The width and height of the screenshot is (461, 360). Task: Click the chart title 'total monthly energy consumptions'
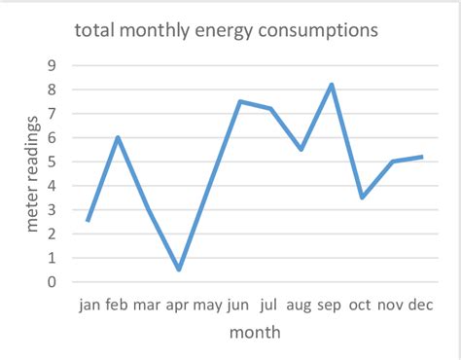(227, 30)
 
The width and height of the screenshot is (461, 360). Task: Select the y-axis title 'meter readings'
(33, 173)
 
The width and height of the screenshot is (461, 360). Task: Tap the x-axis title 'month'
(255, 333)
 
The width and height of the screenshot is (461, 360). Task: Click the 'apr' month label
(178, 305)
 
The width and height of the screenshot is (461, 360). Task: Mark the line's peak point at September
(332, 85)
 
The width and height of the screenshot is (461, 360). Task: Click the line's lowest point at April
(179, 270)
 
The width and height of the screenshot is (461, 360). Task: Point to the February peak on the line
(118, 137)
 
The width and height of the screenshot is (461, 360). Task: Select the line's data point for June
(240, 101)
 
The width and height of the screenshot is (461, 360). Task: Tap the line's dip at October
(362, 198)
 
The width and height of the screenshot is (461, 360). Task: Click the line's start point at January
(88, 221)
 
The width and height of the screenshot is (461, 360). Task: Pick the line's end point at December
(423, 157)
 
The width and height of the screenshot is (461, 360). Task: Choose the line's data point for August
(301, 149)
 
